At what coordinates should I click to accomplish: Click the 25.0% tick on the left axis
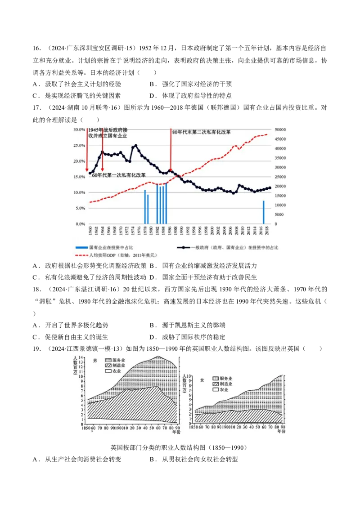[x=79, y=146]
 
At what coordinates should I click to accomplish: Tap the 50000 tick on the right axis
[x=279, y=129]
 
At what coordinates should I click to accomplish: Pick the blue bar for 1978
[x=145, y=207]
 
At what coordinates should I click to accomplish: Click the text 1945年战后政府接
[x=108, y=129]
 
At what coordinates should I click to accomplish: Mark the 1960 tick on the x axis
[x=90, y=230]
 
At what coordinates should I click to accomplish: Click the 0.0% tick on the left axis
[x=80, y=223]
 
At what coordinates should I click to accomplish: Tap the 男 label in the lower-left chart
[x=95, y=361]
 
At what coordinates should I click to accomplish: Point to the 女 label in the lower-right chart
[x=202, y=380]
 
